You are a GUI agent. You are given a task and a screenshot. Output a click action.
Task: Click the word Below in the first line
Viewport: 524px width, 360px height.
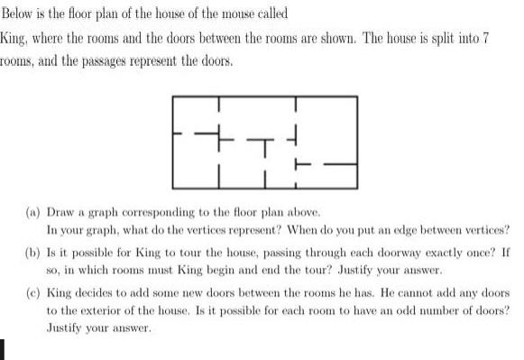(19, 15)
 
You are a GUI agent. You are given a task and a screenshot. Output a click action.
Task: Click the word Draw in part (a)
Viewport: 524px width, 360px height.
(61, 209)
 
